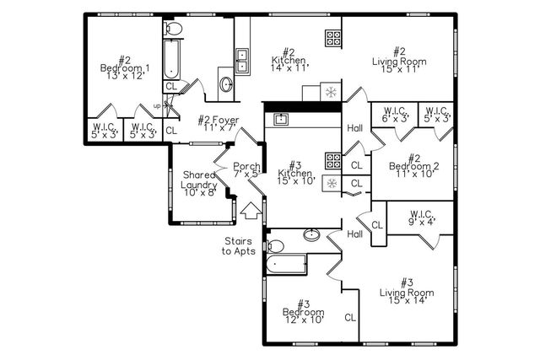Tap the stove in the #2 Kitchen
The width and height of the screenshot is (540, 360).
coord(332,38)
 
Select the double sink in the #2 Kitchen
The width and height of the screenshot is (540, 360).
coord(242,60)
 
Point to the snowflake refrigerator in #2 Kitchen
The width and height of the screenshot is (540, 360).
coord(332,91)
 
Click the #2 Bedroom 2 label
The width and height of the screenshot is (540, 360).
coord(413,166)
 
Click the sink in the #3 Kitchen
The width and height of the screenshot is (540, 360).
coord(281,119)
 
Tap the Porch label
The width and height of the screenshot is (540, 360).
coord(246,170)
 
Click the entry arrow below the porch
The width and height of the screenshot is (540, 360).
coord(251,211)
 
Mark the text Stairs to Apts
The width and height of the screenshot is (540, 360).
coord(239,245)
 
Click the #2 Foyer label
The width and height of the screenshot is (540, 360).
coord(219,125)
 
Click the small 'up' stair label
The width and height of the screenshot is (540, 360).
coord(157,105)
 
